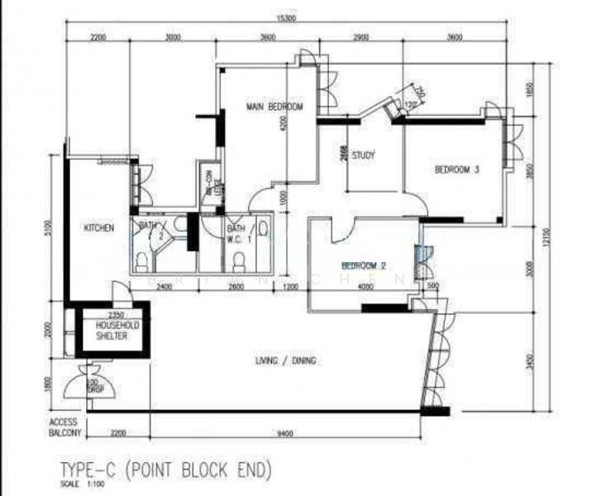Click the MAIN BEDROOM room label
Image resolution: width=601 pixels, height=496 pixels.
point(274,107)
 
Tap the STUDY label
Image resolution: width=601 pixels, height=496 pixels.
point(364,155)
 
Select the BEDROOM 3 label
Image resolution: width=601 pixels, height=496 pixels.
point(457,170)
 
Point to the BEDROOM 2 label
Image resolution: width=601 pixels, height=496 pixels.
point(364,266)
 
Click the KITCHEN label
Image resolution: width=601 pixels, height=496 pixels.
point(98,227)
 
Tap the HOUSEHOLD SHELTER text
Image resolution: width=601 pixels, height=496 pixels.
point(112,330)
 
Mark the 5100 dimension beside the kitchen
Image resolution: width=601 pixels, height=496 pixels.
point(49,227)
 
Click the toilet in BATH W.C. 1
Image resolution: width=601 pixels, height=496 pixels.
point(239,261)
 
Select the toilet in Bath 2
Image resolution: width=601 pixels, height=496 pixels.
point(141,261)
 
